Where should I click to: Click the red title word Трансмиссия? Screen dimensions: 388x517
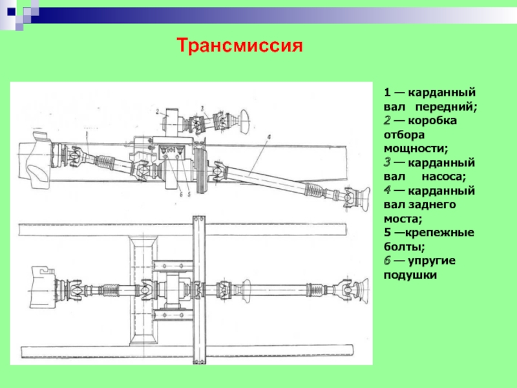(240, 46)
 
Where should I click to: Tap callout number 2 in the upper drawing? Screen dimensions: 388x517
(158, 111)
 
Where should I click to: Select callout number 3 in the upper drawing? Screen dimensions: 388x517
(202, 107)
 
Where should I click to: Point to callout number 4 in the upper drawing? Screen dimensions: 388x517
(268, 137)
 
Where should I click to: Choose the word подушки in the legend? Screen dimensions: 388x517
(410, 275)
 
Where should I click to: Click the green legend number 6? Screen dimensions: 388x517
(386, 261)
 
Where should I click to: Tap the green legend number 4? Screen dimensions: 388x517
(386, 190)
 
